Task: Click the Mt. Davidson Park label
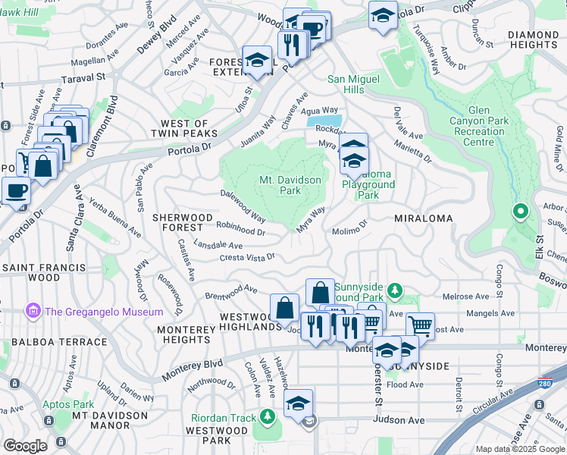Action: tap(290, 186)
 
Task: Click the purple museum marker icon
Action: tap(32, 311)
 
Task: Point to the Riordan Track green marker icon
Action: tap(267, 416)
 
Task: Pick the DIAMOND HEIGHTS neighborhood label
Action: tap(533, 41)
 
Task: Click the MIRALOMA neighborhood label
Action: tap(423, 218)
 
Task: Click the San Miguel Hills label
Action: tap(356, 84)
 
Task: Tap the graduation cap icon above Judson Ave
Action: tap(299, 403)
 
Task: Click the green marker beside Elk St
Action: tap(520, 212)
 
